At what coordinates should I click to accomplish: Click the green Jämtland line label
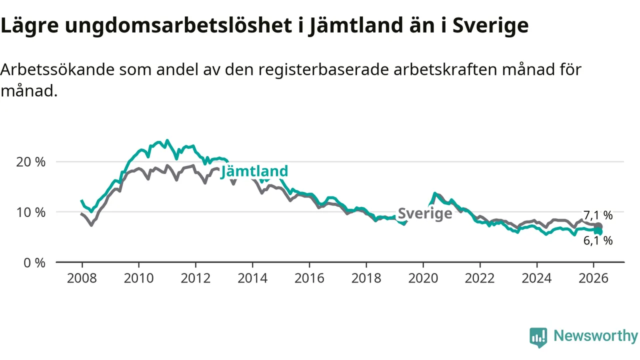(x=254, y=171)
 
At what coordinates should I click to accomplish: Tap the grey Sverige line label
(x=425, y=213)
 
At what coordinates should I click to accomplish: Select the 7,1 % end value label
(x=597, y=215)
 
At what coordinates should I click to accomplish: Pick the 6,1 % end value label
(x=597, y=240)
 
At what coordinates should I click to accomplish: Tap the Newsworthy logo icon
(x=538, y=337)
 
